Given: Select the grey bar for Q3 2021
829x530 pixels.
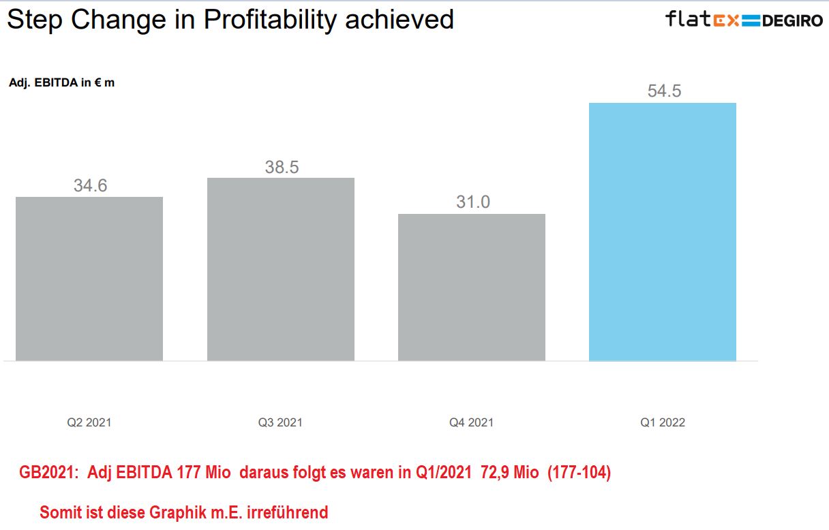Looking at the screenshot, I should tap(280, 268).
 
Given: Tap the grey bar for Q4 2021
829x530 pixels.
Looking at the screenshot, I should tap(471, 287).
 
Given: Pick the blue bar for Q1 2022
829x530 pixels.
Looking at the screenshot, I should tap(662, 232).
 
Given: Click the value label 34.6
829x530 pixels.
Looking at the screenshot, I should tap(90, 185).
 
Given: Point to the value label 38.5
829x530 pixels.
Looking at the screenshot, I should tap(282, 167).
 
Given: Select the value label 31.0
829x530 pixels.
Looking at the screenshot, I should tap(472, 202).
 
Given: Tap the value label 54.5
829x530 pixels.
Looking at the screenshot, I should tap(664, 91).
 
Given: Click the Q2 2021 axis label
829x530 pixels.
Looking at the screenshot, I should tap(89, 422).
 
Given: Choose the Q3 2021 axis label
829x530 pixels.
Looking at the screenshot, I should tap(280, 422).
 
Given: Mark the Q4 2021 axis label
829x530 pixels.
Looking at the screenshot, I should tap(471, 422).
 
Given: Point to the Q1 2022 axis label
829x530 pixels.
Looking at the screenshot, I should tap(662, 422).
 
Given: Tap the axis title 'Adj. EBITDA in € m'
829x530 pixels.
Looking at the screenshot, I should tap(61, 83).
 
